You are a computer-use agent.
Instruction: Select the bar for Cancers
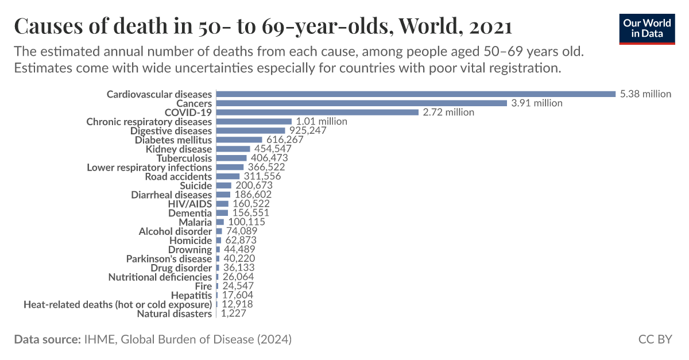[361, 103]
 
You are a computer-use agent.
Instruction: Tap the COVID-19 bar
[317, 112]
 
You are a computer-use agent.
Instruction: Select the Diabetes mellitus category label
[173, 140]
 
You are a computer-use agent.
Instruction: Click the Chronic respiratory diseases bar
[254, 121]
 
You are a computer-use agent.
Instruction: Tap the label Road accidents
[178, 176]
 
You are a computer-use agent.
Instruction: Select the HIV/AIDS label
[189, 204]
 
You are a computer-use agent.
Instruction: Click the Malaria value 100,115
[246, 222]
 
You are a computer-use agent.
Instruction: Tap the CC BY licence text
[655, 339]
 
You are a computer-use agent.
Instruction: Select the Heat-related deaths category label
[117, 304]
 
